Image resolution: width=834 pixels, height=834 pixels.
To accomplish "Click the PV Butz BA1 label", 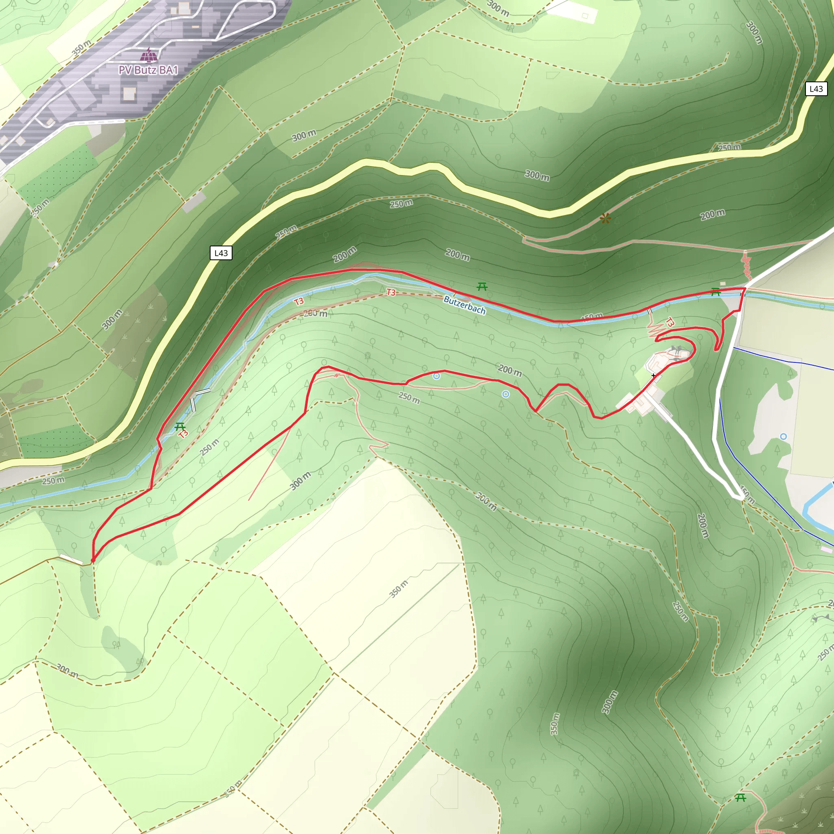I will click(149, 70).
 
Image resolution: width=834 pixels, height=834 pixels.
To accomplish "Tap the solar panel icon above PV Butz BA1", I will click(149, 55).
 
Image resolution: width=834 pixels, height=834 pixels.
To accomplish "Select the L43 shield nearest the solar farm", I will click(221, 253).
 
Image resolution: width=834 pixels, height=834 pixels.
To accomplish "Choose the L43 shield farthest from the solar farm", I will click(816, 89).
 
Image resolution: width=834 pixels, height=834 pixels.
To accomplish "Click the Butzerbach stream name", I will click(465, 305).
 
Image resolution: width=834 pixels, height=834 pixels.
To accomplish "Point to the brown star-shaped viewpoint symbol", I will click(605, 218).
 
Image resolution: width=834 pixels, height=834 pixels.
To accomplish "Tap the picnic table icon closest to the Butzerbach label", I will click(482, 286).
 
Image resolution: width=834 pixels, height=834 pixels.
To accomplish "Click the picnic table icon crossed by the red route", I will click(715, 292).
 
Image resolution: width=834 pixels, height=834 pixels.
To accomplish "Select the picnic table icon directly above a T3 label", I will click(180, 426).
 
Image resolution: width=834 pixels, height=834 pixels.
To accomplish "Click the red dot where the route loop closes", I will click(93, 560).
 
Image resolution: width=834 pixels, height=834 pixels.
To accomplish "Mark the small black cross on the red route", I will click(654, 375).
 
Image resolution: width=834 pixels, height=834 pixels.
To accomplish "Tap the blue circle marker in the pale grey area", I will click(784, 437).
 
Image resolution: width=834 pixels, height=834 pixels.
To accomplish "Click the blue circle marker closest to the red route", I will click(437, 376).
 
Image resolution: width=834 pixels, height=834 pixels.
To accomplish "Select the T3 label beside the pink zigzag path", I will click(669, 322).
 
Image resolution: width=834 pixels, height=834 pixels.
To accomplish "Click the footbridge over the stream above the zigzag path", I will click(650, 311).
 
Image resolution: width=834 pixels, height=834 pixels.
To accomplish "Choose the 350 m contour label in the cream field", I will click(398, 589).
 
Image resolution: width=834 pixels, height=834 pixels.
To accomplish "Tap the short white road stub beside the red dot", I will click(71, 560).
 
